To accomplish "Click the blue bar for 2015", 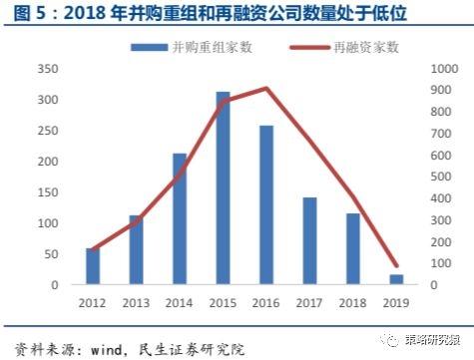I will pyautogui.click(x=223, y=188).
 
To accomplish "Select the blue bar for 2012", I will pyautogui.click(x=93, y=266).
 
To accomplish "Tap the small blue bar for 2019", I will pyautogui.click(x=396, y=279).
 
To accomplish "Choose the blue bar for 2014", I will pyautogui.click(x=180, y=219).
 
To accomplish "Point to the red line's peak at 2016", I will pyautogui.click(x=266, y=88).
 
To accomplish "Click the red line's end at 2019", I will pyautogui.click(x=396, y=265).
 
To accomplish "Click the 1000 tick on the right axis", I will pyautogui.click(x=437, y=69).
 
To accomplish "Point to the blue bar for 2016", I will pyautogui.click(x=266, y=205).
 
